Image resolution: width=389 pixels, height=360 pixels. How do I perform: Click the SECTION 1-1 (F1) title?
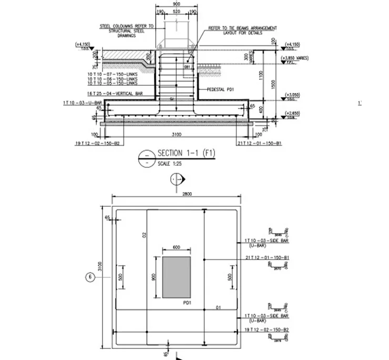click(x=187, y=153)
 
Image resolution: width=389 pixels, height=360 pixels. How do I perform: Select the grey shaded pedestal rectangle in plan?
click(x=176, y=276)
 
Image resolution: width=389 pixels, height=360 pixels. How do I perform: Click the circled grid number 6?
click(x=90, y=276)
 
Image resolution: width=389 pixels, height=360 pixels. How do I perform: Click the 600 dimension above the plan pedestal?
click(x=176, y=248)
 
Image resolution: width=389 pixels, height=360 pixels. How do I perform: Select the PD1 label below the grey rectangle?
click(x=186, y=303)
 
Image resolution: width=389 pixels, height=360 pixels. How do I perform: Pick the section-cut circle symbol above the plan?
click(x=177, y=180)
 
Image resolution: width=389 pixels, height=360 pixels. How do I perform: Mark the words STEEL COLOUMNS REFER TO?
click(x=127, y=25)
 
